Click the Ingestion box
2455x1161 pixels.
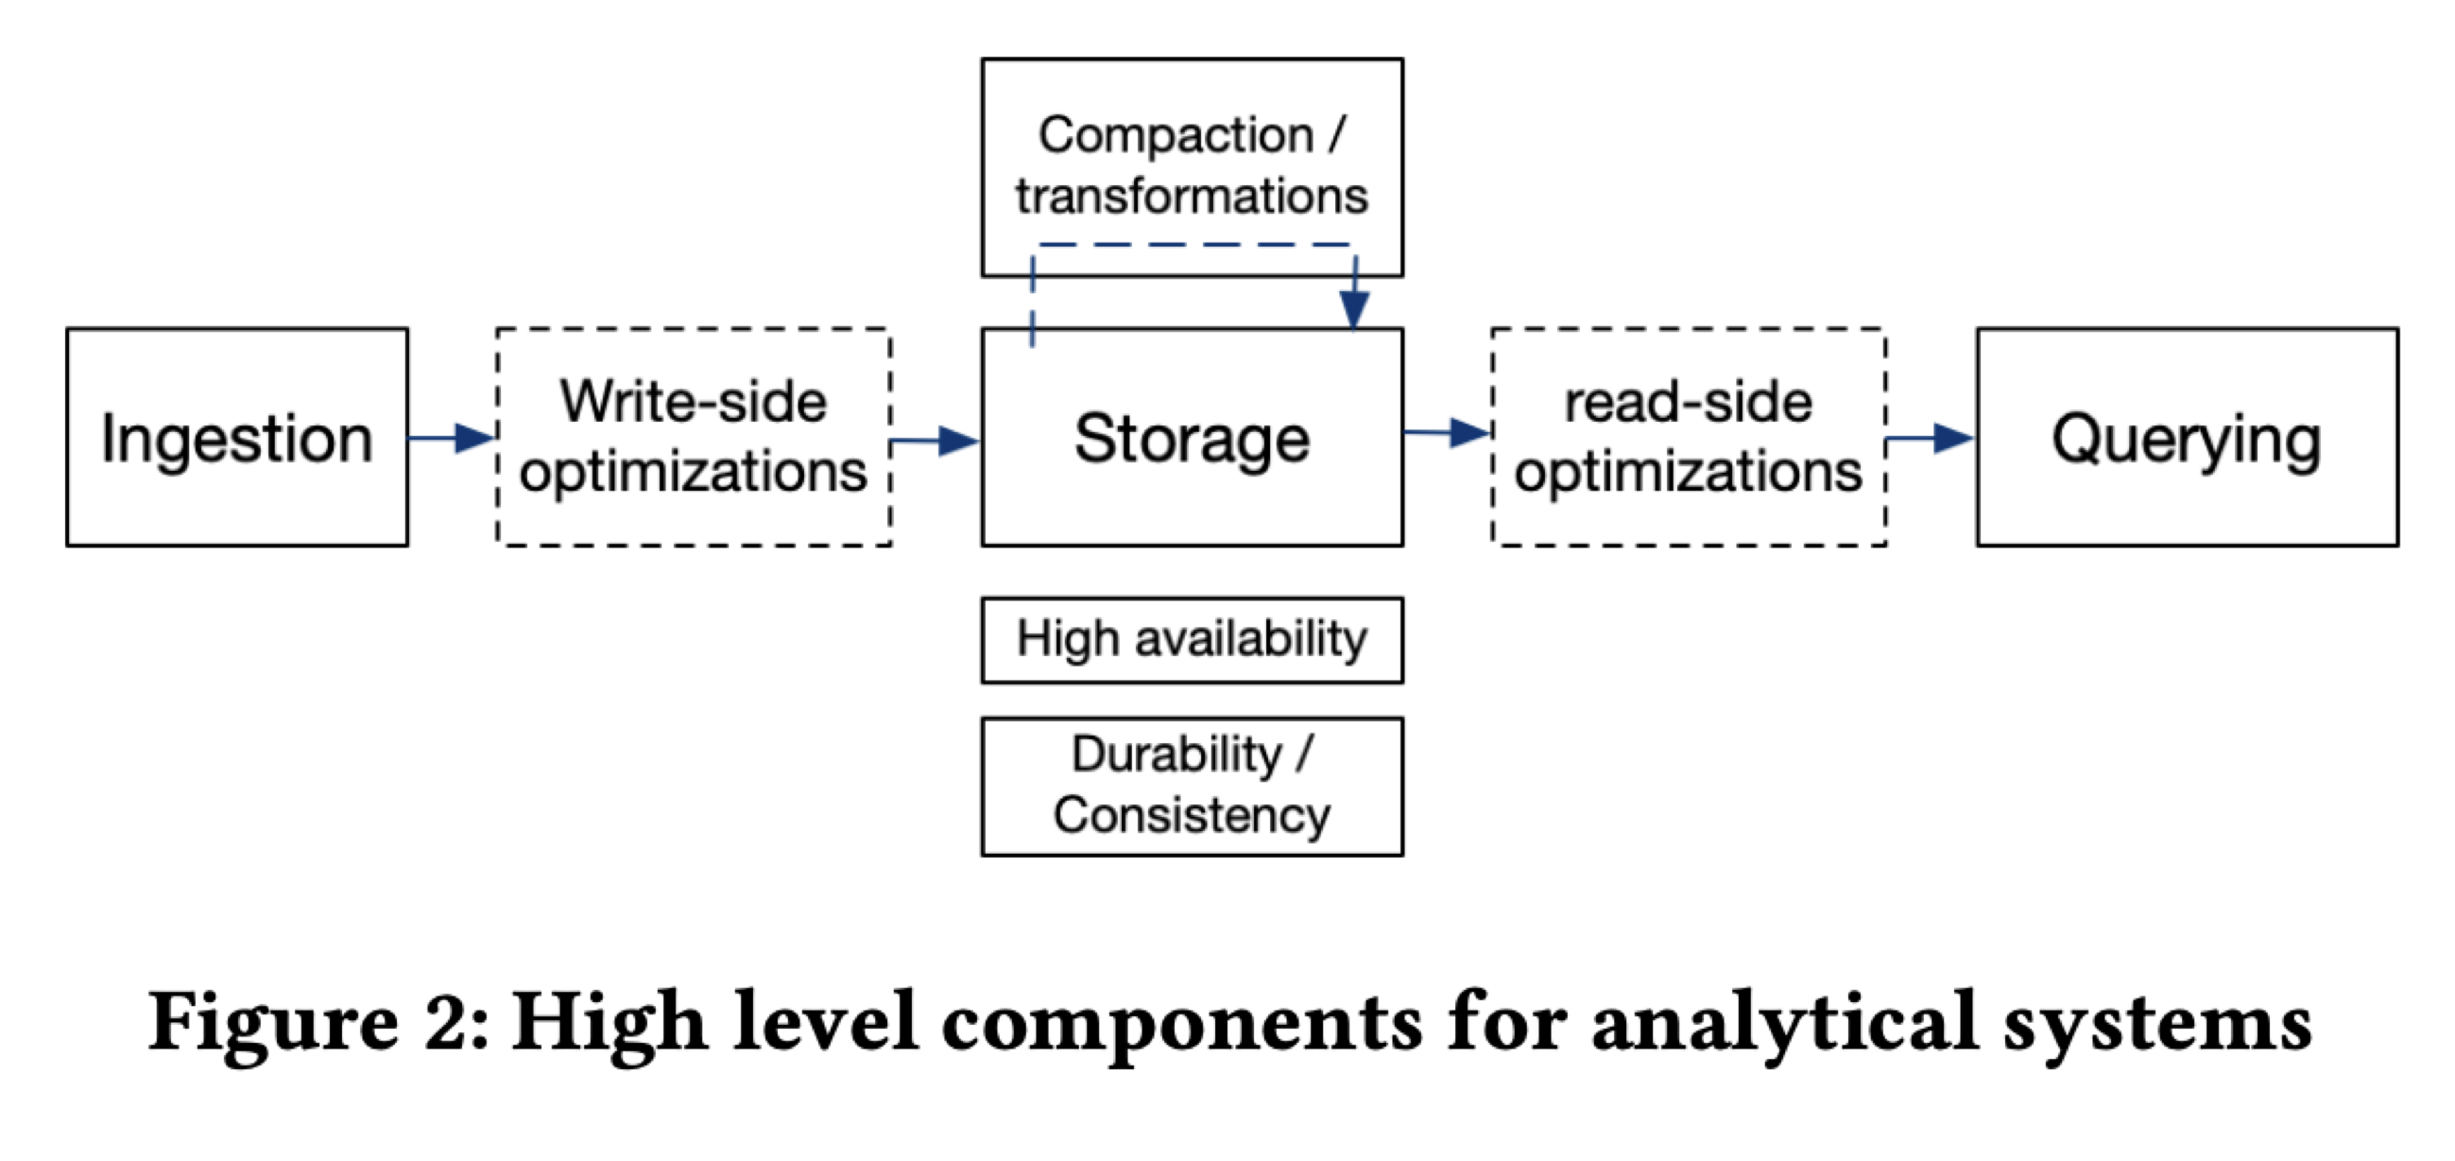click(x=236, y=438)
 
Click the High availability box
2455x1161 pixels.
click(x=1192, y=640)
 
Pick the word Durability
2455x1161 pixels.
click(x=1177, y=755)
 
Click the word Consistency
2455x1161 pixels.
click(x=1192, y=816)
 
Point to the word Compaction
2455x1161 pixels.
click(x=1176, y=135)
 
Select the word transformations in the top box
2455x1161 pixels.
click(x=1192, y=197)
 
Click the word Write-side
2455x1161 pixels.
click(x=693, y=401)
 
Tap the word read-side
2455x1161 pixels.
click(x=1688, y=401)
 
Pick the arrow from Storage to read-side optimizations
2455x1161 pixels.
click(x=1447, y=433)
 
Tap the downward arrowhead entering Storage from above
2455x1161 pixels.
click(x=1354, y=307)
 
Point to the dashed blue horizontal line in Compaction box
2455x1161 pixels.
click(x=1192, y=245)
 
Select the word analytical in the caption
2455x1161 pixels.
click(x=1784, y=1023)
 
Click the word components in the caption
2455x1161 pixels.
click(x=1182, y=1023)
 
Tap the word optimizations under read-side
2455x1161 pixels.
click(x=1688, y=472)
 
